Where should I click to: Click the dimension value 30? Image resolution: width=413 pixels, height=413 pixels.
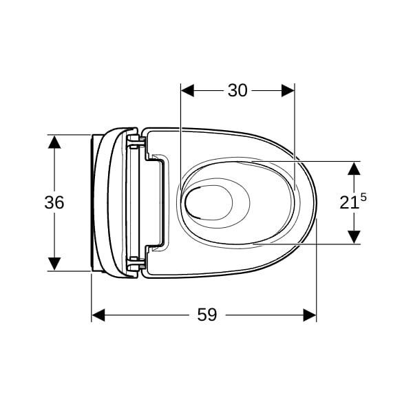coord(237,90)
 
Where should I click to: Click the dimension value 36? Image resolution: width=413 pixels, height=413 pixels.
coord(54,202)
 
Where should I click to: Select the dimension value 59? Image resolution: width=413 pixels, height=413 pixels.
coord(207,315)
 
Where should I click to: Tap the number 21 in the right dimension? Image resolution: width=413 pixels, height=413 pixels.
coord(349,203)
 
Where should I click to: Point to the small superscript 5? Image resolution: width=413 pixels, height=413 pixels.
coord(363,198)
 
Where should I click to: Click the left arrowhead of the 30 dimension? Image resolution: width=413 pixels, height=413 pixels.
coord(187,91)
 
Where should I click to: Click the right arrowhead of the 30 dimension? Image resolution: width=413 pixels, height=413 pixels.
coord(288,91)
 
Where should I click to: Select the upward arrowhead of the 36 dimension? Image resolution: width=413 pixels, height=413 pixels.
coord(54,142)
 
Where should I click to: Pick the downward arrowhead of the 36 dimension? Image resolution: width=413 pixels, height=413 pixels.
coord(54,264)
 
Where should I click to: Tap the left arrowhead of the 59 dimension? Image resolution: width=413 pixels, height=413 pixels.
coord(98,315)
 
